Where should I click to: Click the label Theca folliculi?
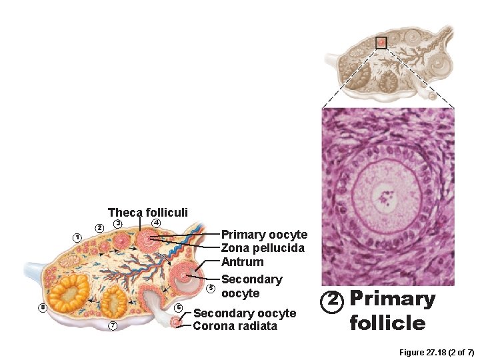click(x=148, y=212)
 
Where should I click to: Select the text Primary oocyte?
click(x=264, y=235)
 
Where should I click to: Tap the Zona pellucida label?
click(x=263, y=248)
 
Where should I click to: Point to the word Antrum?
click(x=242, y=262)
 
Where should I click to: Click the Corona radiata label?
click(x=235, y=326)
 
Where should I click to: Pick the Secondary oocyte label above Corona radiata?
click(x=244, y=313)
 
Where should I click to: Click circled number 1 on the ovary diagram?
click(x=77, y=237)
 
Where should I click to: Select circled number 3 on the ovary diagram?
click(x=117, y=223)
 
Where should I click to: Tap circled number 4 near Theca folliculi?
click(x=156, y=221)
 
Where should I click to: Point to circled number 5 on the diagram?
click(x=211, y=288)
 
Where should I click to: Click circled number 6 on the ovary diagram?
click(x=178, y=307)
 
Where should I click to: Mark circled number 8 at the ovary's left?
click(x=42, y=307)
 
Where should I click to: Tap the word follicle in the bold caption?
click(x=387, y=323)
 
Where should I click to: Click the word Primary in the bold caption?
click(x=393, y=299)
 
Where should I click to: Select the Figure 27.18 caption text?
click(x=436, y=351)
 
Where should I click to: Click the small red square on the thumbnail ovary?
click(x=381, y=42)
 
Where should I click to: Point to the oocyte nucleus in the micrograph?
click(x=383, y=196)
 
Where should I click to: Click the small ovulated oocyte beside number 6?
click(x=176, y=322)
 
